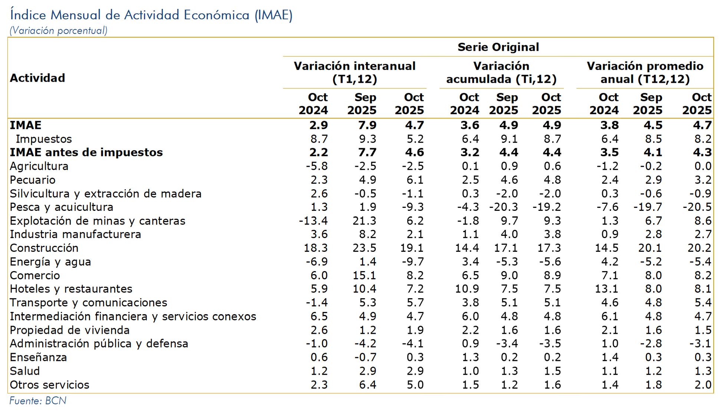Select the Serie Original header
(x=498, y=47)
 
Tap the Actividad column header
(x=37, y=78)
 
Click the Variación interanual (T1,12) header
(x=355, y=72)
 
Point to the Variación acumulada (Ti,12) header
(x=501, y=72)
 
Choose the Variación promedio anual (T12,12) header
(x=645, y=72)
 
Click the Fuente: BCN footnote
(x=38, y=401)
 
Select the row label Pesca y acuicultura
(x=62, y=207)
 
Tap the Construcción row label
(x=44, y=248)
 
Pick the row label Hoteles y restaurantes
(x=71, y=289)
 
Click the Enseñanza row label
(x=38, y=357)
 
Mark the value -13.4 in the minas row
(x=313, y=221)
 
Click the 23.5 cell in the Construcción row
(x=364, y=248)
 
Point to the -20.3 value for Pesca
(x=503, y=207)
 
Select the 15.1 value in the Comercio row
(x=364, y=276)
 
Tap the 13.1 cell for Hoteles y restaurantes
(x=607, y=289)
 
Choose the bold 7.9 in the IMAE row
(x=367, y=125)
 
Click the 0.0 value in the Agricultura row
(x=703, y=166)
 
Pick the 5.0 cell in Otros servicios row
(x=415, y=385)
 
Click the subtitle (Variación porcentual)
(x=59, y=31)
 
